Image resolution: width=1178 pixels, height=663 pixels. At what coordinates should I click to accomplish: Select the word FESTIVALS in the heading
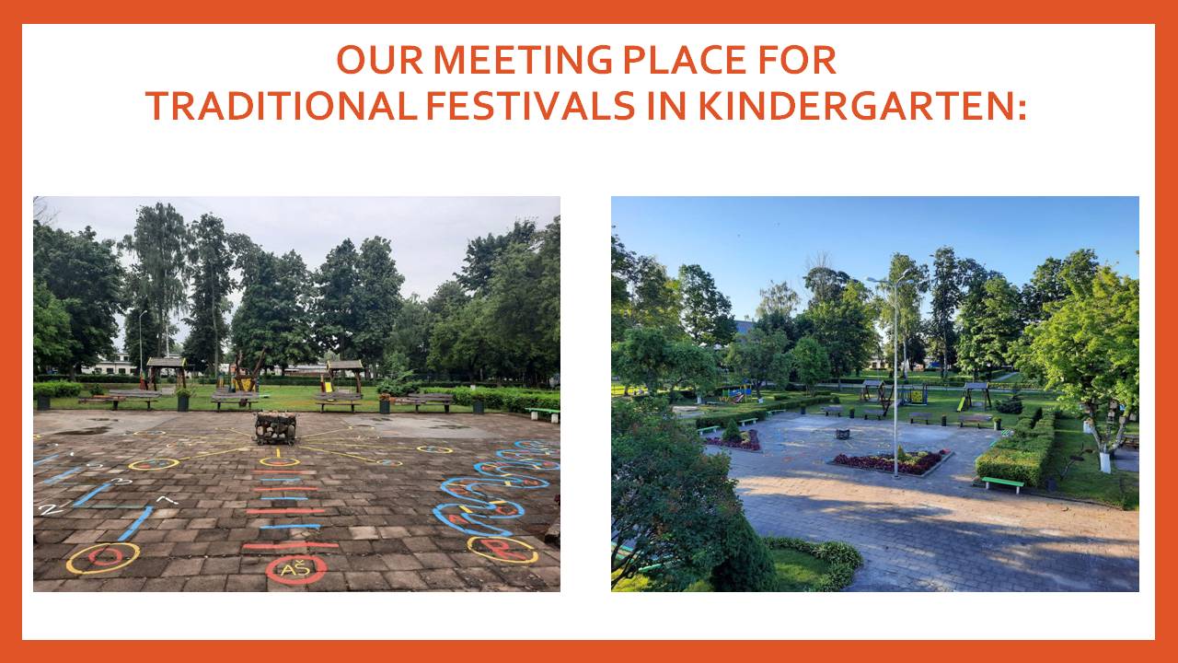[x=530, y=106]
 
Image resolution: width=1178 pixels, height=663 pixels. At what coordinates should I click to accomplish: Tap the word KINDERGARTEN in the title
[x=862, y=106]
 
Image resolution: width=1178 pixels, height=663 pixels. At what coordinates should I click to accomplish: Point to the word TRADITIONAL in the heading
[x=282, y=106]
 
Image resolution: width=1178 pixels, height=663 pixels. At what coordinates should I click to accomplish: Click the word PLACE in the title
[x=685, y=60]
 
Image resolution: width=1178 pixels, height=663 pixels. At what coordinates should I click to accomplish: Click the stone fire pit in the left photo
[x=275, y=428]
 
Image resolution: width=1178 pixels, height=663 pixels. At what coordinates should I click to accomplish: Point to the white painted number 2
[x=49, y=509]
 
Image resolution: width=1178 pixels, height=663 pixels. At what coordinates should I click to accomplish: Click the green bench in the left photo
[x=542, y=413]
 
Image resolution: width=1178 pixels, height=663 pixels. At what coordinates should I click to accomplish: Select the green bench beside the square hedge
[x=1002, y=483]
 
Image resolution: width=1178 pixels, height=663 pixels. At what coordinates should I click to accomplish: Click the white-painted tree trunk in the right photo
[x=1105, y=461]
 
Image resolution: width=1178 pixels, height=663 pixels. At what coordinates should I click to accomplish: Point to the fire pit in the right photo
[x=843, y=434]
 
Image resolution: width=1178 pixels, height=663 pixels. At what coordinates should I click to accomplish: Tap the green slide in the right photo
[x=961, y=403]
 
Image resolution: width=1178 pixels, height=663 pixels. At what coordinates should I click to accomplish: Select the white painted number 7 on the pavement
[x=167, y=499]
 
